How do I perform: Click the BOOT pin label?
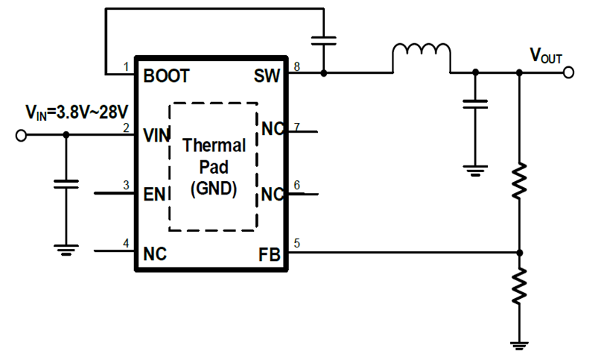pos(166,75)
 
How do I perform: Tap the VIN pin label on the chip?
pos(156,135)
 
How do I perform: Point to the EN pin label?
pos(153,195)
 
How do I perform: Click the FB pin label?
pos(269,254)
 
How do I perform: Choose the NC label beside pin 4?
pos(154,253)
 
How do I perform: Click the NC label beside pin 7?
pos(273,130)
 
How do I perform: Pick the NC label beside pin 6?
pos(273,195)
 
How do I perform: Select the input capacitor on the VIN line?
pos(66,184)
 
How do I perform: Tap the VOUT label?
pos(545,55)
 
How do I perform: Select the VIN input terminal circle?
pos(22,135)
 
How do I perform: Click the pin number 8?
pos(296,67)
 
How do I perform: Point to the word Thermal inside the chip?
pos(213,145)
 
